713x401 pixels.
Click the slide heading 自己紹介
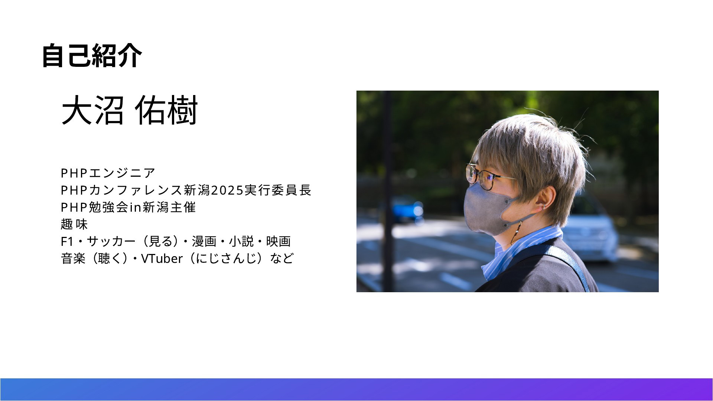coord(92,56)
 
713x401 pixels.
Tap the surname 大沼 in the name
coord(92,110)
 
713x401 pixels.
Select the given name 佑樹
coord(166,110)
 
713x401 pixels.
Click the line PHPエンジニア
coord(108,173)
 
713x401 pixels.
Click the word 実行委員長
coord(278,190)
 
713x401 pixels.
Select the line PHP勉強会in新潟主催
coord(128,207)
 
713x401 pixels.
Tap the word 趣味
coord(74,224)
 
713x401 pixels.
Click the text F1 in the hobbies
coord(67,241)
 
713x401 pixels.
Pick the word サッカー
coord(111,241)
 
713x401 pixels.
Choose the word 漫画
coord(204,241)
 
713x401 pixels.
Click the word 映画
coord(278,241)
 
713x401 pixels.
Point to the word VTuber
coord(162,258)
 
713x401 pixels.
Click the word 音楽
coord(73,258)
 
